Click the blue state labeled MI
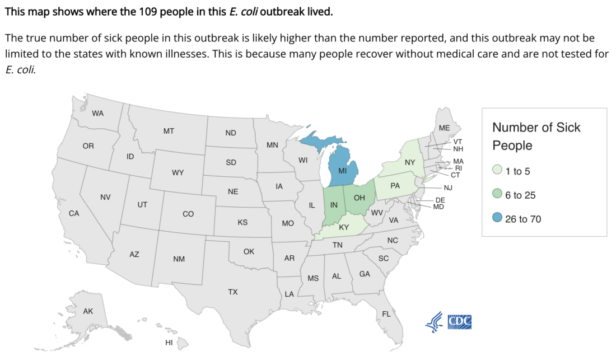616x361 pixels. point(343,170)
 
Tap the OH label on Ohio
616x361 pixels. point(360,198)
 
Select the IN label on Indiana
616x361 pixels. point(334,205)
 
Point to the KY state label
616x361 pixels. point(343,228)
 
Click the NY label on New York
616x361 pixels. point(410,162)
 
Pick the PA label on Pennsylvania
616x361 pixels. point(395,186)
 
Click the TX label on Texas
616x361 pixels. point(232,292)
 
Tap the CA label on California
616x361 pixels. point(73,213)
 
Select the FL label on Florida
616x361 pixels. point(386,314)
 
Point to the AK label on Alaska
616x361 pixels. point(88,311)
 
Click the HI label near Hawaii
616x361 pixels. point(169,343)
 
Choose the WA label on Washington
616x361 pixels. point(98,113)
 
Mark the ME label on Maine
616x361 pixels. point(444,128)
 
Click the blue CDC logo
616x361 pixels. point(460,321)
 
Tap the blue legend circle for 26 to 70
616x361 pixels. point(497,219)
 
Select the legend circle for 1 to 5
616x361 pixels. point(497,171)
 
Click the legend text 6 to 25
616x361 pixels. point(520,195)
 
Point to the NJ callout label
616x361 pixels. point(447,188)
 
